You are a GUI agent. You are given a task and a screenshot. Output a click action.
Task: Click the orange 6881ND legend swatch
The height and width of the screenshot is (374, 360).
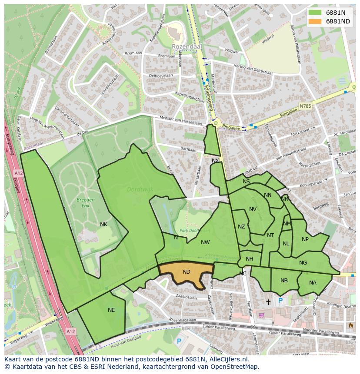tap(316, 21)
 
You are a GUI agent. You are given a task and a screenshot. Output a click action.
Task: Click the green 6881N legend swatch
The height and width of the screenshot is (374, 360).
tap(316, 13)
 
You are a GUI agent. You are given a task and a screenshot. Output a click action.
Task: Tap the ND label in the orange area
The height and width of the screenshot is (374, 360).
tap(187, 272)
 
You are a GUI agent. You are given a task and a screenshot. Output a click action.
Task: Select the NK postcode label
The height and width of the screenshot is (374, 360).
tap(103, 225)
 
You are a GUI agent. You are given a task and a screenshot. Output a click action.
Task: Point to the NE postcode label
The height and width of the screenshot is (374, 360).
tap(111, 310)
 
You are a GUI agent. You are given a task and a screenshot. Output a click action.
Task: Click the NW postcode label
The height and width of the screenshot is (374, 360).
tap(205, 242)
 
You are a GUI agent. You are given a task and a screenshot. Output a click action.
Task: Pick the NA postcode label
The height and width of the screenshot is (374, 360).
tap(313, 283)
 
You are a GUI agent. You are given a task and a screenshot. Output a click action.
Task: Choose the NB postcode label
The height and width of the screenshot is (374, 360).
tap(284, 281)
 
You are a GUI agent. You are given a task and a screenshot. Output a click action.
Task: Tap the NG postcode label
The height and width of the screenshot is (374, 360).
tap(303, 262)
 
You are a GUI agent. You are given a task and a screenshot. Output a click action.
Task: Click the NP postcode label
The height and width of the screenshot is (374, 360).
tap(305, 239)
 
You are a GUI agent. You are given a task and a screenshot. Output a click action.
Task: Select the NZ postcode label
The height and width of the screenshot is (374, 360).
tap(241, 227)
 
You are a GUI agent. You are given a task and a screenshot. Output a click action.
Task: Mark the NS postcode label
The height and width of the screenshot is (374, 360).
tap(246, 182)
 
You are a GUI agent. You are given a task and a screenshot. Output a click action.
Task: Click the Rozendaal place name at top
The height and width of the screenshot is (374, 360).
tap(184, 46)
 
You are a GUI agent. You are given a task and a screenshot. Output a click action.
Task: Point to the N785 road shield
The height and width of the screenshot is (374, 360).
tap(306, 106)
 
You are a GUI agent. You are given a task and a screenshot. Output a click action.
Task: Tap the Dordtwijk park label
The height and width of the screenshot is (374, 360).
tap(137, 189)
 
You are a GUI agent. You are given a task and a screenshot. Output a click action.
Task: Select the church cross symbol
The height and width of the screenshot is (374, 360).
tap(268, 301)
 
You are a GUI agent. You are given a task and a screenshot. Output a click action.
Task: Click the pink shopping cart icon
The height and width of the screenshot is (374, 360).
tap(261, 315)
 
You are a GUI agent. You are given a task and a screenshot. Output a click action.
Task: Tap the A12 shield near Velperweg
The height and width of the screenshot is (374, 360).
tap(70, 331)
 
